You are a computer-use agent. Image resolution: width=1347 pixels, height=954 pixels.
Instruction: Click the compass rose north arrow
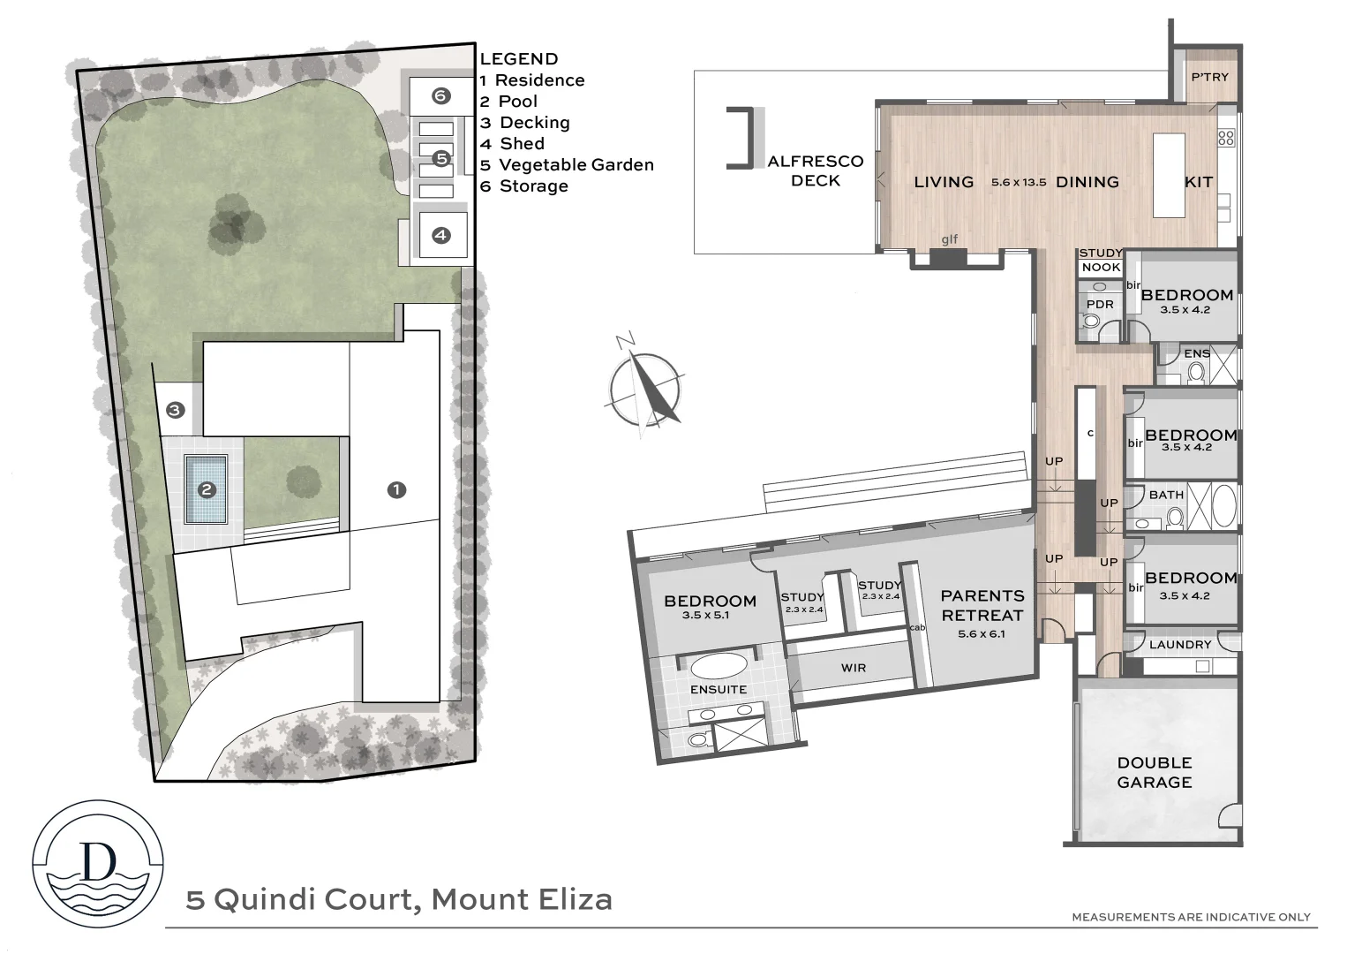(x=646, y=386)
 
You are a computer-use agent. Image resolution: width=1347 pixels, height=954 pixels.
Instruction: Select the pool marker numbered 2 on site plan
(x=207, y=489)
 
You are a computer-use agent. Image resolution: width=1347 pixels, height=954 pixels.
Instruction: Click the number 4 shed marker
(x=440, y=235)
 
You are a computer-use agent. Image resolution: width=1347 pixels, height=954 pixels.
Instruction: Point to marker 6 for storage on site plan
(x=440, y=95)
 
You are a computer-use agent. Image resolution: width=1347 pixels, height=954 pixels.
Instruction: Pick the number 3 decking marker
(x=175, y=410)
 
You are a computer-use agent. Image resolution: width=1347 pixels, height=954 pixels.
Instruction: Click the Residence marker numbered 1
(x=396, y=489)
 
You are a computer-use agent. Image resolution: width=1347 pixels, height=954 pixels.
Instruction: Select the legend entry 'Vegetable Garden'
(x=576, y=165)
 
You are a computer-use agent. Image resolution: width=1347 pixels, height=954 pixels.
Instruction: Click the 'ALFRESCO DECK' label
(x=815, y=170)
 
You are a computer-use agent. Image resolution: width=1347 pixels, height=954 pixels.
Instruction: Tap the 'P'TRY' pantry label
(x=1209, y=78)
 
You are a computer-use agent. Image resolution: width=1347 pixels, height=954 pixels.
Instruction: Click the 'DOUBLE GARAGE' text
(x=1154, y=772)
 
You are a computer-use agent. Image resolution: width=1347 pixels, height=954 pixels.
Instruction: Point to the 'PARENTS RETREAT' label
(x=982, y=606)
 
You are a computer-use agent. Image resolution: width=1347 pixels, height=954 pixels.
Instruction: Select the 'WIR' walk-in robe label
(x=853, y=668)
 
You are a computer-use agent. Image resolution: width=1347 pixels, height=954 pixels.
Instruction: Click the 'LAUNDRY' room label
(x=1180, y=645)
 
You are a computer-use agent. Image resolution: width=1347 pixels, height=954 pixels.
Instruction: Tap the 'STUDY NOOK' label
(x=1101, y=261)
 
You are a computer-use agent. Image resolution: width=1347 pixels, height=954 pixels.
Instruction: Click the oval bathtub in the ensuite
(x=719, y=665)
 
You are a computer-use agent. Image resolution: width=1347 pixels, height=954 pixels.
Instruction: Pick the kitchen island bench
(x=1169, y=175)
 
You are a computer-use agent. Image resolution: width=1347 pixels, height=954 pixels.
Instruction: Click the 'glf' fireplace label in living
(x=949, y=239)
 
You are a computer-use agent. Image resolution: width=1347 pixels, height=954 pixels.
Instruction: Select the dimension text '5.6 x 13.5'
(x=1018, y=183)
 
